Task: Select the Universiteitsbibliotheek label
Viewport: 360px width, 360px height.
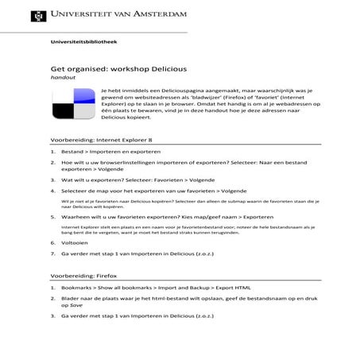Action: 78,41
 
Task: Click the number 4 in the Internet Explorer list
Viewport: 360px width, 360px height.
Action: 53,191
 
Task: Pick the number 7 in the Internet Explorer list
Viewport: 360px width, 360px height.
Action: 53,257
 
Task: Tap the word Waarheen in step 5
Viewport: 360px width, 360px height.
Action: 79,216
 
